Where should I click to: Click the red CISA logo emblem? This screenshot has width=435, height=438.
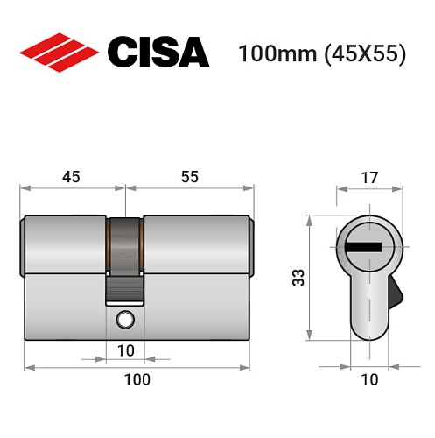(59, 52)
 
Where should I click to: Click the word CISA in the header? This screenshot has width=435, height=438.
(158, 52)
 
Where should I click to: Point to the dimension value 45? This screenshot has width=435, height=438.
(71, 177)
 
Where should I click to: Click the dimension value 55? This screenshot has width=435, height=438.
(190, 177)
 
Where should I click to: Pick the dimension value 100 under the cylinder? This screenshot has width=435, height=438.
(137, 379)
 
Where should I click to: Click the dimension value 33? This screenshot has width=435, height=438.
(298, 279)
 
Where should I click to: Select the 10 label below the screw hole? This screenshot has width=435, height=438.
(126, 350)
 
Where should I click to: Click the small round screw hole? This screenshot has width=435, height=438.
(125, 319)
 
